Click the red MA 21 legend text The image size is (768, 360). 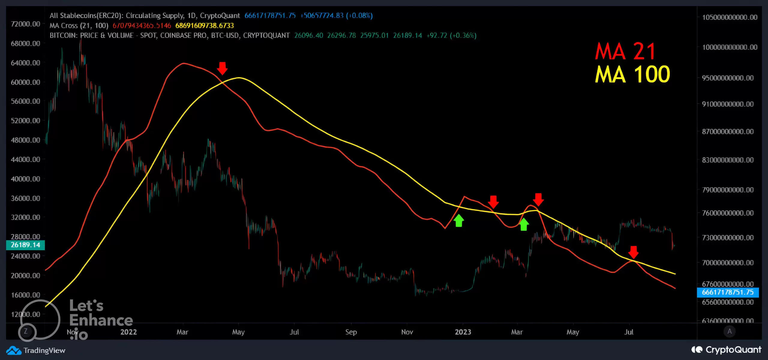click(625, 51)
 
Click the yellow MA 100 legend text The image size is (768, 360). click(632, 74)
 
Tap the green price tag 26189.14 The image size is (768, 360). click(25, 245)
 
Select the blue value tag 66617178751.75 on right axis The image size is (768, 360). click(727, 292)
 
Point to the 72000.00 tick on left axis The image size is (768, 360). click(25, 24)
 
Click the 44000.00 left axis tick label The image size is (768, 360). click(25, 159)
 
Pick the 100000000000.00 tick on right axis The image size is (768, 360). click(729, 47)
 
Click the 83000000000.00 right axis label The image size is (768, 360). click(727, 160)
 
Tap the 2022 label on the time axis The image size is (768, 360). click(128, 332)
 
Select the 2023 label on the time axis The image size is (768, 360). click(463, 332)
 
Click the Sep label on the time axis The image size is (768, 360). click(351, 332)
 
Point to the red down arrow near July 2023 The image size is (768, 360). click(633, 252)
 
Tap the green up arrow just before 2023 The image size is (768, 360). click(459, 221)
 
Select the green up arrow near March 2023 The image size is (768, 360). click(524, 224)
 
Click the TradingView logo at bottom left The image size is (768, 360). click(36, 350)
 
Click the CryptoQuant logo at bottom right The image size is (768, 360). click(726, 350)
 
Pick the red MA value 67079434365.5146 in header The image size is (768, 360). click(142, 26)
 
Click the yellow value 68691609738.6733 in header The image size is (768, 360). click(204, 26)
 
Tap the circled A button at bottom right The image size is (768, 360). click(729, 331)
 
